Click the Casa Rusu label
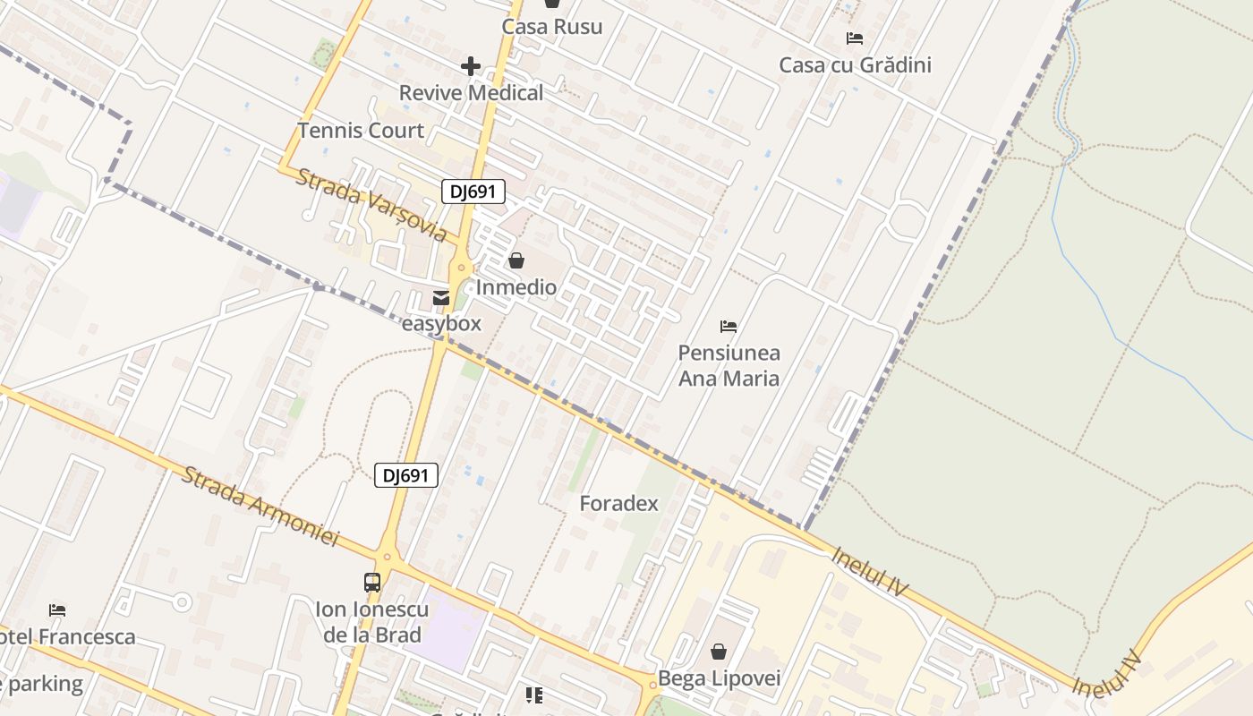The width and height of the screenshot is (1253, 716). pyautogui.click(x=551, y=27)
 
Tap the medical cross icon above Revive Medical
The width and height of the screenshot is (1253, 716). pyautogui.click(x=471, y=66)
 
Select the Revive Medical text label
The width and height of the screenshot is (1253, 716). pyautogui.click(x=471, y=93)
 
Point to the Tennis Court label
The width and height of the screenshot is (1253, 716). pyautogui.click(x=361, y=131)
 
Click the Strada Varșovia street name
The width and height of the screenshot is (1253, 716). pyautogui.click(x=371, y=205)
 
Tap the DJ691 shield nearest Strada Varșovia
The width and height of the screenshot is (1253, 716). pyautogui.click(x=473, y=192)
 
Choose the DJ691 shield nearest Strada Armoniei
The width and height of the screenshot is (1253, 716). pyautogui.click(x=406, y=476)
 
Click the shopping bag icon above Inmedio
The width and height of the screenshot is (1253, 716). pyautogui.click(x=516, y=261)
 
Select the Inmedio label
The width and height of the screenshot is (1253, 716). pyautogui.click(x=516, y=287)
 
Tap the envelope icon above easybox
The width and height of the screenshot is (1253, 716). pyautogui.click(x=441, y=298)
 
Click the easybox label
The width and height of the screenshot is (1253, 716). pyautogui.click(x=441, y=323)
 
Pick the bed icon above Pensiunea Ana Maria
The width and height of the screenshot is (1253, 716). pyautogui.click(x=729, y=327)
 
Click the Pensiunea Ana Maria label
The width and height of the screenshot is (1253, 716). pyautogui.click(x=729, y=365)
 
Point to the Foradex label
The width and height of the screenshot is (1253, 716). pyautogui.click(x=618, y=504)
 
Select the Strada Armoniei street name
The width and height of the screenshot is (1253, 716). pyautogui.click(x=260, y=506)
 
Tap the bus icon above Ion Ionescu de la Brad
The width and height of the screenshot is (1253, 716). pyautogui.click(x=372, y=583)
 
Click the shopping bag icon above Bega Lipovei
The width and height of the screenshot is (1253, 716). pyautogui.click(x=719, y=652)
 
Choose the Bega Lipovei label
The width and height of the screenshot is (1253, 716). pyautogui.click(x=719, y=678)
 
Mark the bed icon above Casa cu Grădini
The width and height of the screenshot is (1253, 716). pyautogui.click(x=855, y=38)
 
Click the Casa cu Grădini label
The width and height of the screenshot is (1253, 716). pyautogui.click(x=855, y=65)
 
